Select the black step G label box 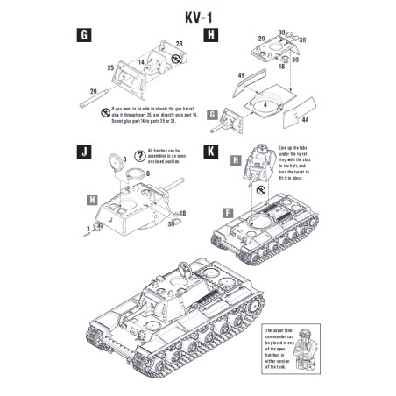point(85,36)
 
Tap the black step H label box point(210,36)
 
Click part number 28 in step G point(180,43)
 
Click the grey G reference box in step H point(226,113)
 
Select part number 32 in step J point(102,225)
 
